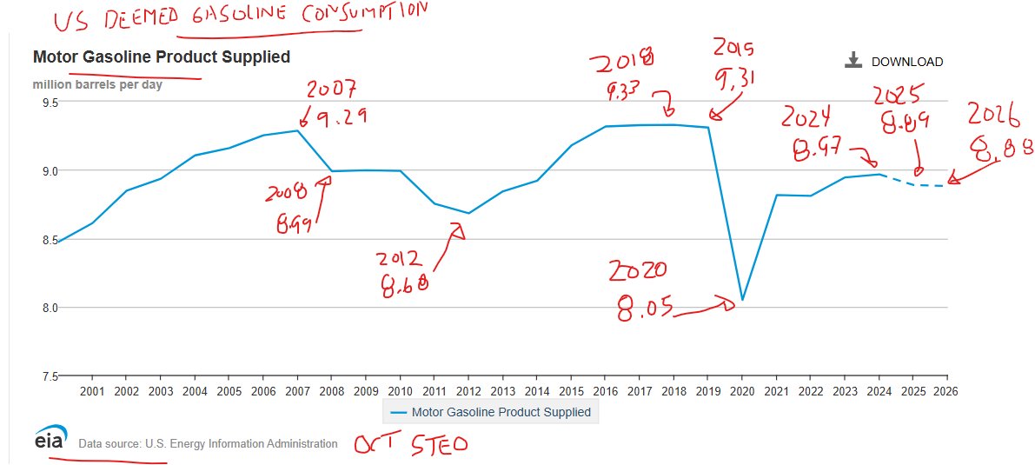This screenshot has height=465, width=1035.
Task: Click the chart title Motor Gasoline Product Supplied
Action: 161,56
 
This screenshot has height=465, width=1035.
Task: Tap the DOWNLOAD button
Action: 894,62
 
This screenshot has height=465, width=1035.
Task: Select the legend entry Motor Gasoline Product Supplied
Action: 491,412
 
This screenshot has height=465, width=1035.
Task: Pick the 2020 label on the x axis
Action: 741,391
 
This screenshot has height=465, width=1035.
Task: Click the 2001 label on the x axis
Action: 92,391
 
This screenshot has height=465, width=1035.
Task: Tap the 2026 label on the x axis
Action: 945,391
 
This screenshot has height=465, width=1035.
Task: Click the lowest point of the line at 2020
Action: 742,300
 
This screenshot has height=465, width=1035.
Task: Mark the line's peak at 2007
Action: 298,130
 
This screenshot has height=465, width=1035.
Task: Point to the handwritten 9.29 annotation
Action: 340,116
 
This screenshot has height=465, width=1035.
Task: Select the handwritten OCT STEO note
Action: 410,444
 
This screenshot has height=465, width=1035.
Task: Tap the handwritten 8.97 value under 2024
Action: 818,152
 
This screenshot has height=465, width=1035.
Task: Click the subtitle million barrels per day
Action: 97,84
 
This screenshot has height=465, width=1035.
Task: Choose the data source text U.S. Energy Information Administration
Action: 208,443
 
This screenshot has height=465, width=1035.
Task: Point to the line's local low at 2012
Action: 468,213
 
